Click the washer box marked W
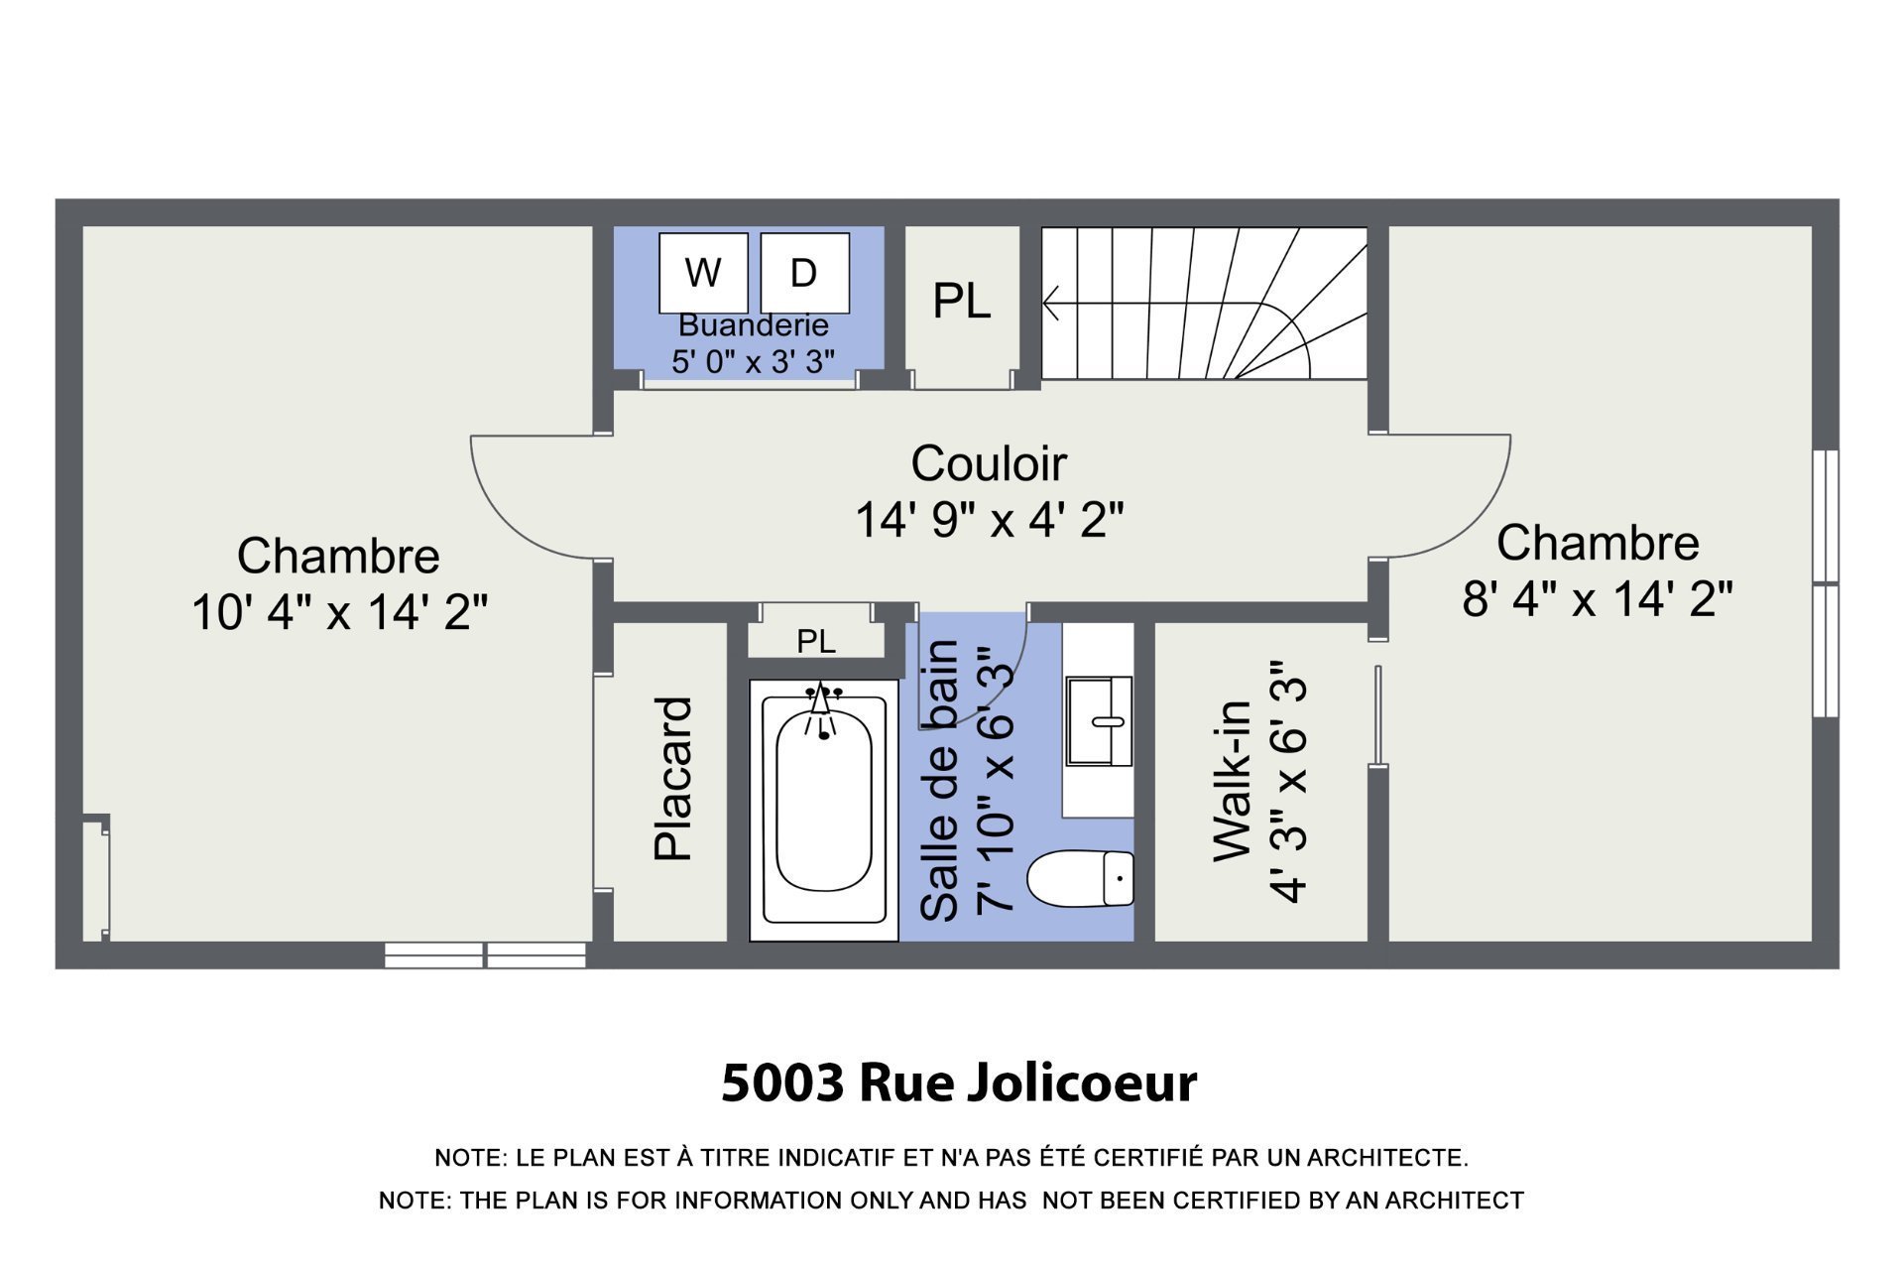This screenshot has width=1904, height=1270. click(703, 273)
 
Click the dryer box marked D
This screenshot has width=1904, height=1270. click(804, 273)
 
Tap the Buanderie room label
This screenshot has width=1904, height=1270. click(754, 325)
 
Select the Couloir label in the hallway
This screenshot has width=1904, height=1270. click(989, 463)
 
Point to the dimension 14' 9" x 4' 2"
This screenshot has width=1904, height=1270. click(989, 519)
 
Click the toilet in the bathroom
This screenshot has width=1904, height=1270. click(1080, 879)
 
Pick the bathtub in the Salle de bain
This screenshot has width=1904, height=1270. click(823, 810)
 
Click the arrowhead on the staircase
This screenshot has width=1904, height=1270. click(1051, 303)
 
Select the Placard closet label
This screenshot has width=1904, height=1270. click(673, 779)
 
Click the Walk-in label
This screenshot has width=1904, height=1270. click(1234, 781)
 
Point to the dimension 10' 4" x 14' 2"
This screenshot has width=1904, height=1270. click(339, 612)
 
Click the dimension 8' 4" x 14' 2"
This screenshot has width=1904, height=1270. click(1598, 599)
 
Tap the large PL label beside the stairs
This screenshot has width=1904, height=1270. click(961, 301)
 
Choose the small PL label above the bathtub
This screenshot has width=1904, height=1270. click(816, 642)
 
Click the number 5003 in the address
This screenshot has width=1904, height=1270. click(782, 1082)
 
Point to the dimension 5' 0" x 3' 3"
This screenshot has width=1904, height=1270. click(754, 361)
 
